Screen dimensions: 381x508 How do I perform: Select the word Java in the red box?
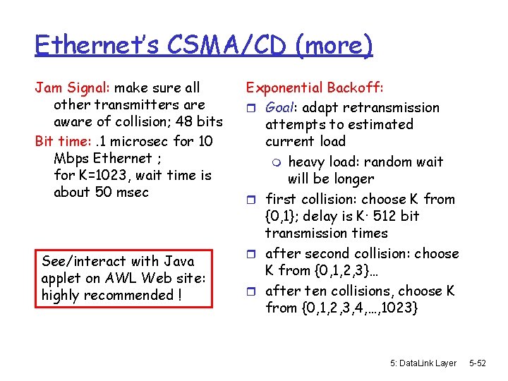(178, 261)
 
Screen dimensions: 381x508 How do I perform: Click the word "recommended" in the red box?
(128, 295)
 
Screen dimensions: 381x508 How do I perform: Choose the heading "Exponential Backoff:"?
(315, 88)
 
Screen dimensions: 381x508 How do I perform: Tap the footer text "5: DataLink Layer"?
(423, 363)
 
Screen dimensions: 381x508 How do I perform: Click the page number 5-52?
(478, 363)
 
